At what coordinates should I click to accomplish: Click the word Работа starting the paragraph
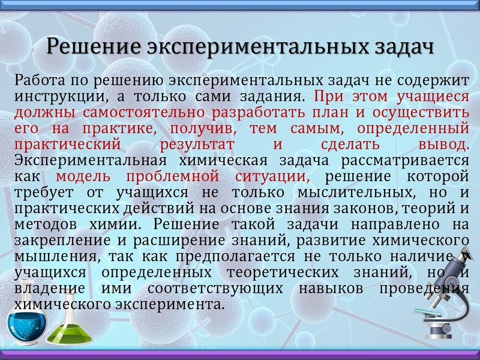pos(38,80)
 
